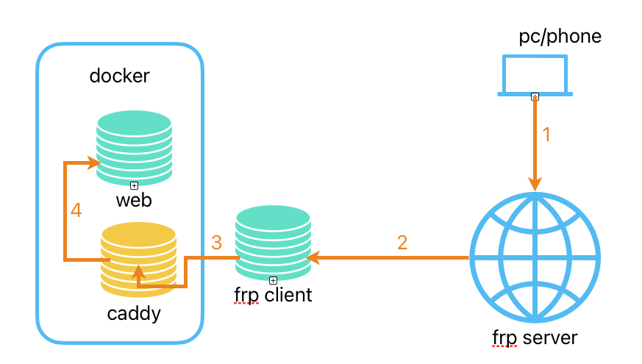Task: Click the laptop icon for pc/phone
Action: (535, 74)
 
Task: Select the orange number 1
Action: (546, 135)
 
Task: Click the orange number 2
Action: (402, 242)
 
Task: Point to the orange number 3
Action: (216, 242)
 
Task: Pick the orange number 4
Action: (76, 210)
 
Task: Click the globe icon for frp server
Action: (535, 257)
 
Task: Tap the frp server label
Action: (535, 338)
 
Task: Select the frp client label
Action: (273, 296)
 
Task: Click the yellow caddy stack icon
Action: (138, 257)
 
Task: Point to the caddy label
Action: (134, 315)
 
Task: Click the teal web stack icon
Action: (134, 146)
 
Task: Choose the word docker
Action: (119, 75)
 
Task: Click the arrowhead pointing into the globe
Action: (535, 185)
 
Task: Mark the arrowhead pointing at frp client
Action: (314, 257)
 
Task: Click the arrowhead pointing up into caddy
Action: (138, 273)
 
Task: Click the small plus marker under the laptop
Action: (535, 96)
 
